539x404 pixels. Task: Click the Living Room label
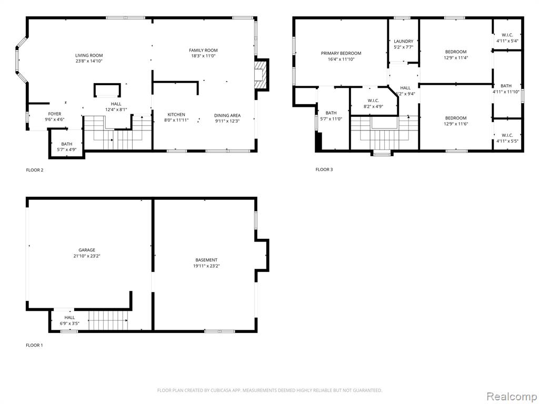point(89,55)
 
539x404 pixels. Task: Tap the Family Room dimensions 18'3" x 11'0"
point(203,56)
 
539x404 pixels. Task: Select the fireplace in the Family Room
point(261,75)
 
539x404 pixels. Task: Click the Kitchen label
point(176,115)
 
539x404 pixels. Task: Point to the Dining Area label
point(227,115)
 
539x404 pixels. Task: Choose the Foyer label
point(55,114)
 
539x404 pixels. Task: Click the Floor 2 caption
point(35,170)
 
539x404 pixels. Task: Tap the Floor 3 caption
point(324,169)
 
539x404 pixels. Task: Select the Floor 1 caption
point(34,345)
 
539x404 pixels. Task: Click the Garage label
point(87,250)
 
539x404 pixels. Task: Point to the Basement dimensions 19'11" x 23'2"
point(206,266)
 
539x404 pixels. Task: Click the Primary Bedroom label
point(341,53)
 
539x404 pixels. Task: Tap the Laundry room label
point(404,41)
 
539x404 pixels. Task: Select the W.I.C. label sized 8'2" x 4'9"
point(373,100)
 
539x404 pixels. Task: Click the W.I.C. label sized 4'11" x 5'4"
point(507,35)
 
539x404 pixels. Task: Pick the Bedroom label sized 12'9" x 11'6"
point(456,118)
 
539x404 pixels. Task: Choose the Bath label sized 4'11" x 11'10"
point(506,86)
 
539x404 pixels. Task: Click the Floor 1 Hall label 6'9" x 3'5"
point(69,317)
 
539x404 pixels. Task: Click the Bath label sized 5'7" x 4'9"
point(67,144)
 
